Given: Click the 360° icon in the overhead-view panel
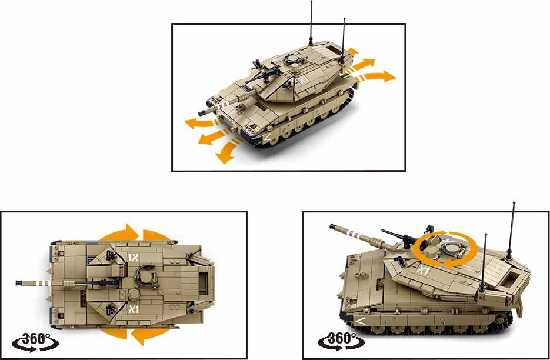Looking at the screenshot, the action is [x=35, y=342].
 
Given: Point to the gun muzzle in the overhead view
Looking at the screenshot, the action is [x=19, y=283].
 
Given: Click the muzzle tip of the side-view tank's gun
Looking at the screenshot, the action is [x=332, y=226].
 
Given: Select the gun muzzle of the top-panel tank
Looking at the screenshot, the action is [x=202, y=114].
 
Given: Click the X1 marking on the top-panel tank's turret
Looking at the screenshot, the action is [x=304, y=79].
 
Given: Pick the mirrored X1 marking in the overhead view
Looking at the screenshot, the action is [x=134, y=258].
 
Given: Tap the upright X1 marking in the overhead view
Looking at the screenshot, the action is [x=134, y=309].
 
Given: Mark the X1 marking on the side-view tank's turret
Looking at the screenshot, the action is [x=424, y=271].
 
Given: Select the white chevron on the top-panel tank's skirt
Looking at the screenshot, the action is [x=267, y=136].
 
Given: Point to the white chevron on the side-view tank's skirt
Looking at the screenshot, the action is [x=359, y=320].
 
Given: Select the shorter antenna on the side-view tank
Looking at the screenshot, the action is [x=484, y=262].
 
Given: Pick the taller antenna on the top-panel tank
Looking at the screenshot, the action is [x=311, y=23].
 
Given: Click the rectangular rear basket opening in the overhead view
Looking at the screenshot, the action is [x=203, y=283].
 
